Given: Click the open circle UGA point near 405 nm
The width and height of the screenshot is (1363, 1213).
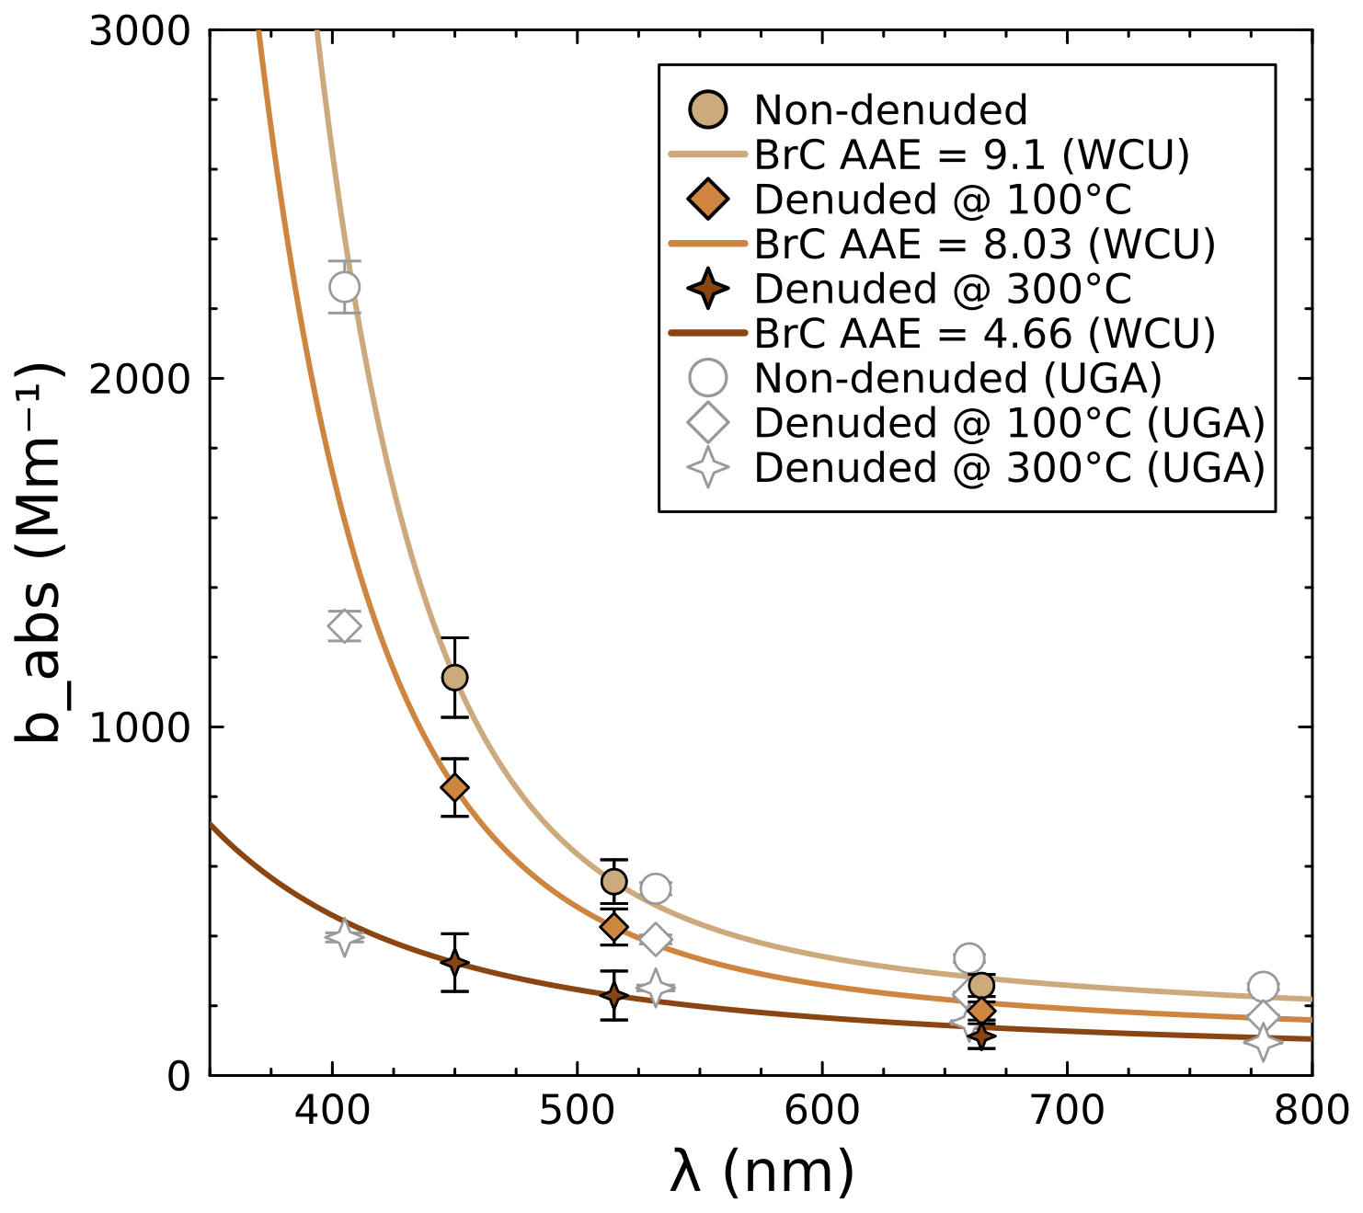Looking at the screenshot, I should point(344,287).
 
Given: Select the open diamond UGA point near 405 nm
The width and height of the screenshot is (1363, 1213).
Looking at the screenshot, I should point(344,626).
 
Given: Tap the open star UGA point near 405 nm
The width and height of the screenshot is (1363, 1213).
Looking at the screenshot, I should point(344,937).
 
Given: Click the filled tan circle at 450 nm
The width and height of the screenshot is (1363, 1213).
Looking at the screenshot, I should point(454,678).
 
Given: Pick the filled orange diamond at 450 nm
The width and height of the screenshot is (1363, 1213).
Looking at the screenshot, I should point(454,787).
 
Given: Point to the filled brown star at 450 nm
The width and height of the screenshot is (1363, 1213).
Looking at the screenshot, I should point(454,963).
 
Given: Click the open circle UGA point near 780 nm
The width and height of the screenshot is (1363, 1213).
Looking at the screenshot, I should point(1263,987).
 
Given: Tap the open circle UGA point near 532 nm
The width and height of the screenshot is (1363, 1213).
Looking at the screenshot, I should point(655,888).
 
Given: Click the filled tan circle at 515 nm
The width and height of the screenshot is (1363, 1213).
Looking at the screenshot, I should point(613,882).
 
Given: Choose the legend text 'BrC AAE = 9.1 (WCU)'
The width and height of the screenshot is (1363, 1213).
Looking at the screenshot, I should point(971,155).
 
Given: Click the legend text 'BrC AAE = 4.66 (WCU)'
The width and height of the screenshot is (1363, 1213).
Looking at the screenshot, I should point(984,334).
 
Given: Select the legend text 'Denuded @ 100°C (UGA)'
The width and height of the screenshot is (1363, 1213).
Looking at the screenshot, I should point(1009,423).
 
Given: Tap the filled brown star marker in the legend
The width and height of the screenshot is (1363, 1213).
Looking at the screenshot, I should point(708,289).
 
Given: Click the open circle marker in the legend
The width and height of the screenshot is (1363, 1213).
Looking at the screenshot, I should point(708,378).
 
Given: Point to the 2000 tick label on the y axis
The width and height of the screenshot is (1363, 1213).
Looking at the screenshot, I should point(139,378).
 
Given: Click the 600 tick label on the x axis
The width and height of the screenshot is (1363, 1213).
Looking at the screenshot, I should point(822,1111).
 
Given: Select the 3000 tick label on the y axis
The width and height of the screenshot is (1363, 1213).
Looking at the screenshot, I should point(139,31).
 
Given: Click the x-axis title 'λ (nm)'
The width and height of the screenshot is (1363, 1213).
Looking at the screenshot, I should point(762,1172).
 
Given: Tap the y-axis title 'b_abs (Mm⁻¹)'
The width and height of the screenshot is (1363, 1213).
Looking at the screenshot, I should point(39,552).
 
